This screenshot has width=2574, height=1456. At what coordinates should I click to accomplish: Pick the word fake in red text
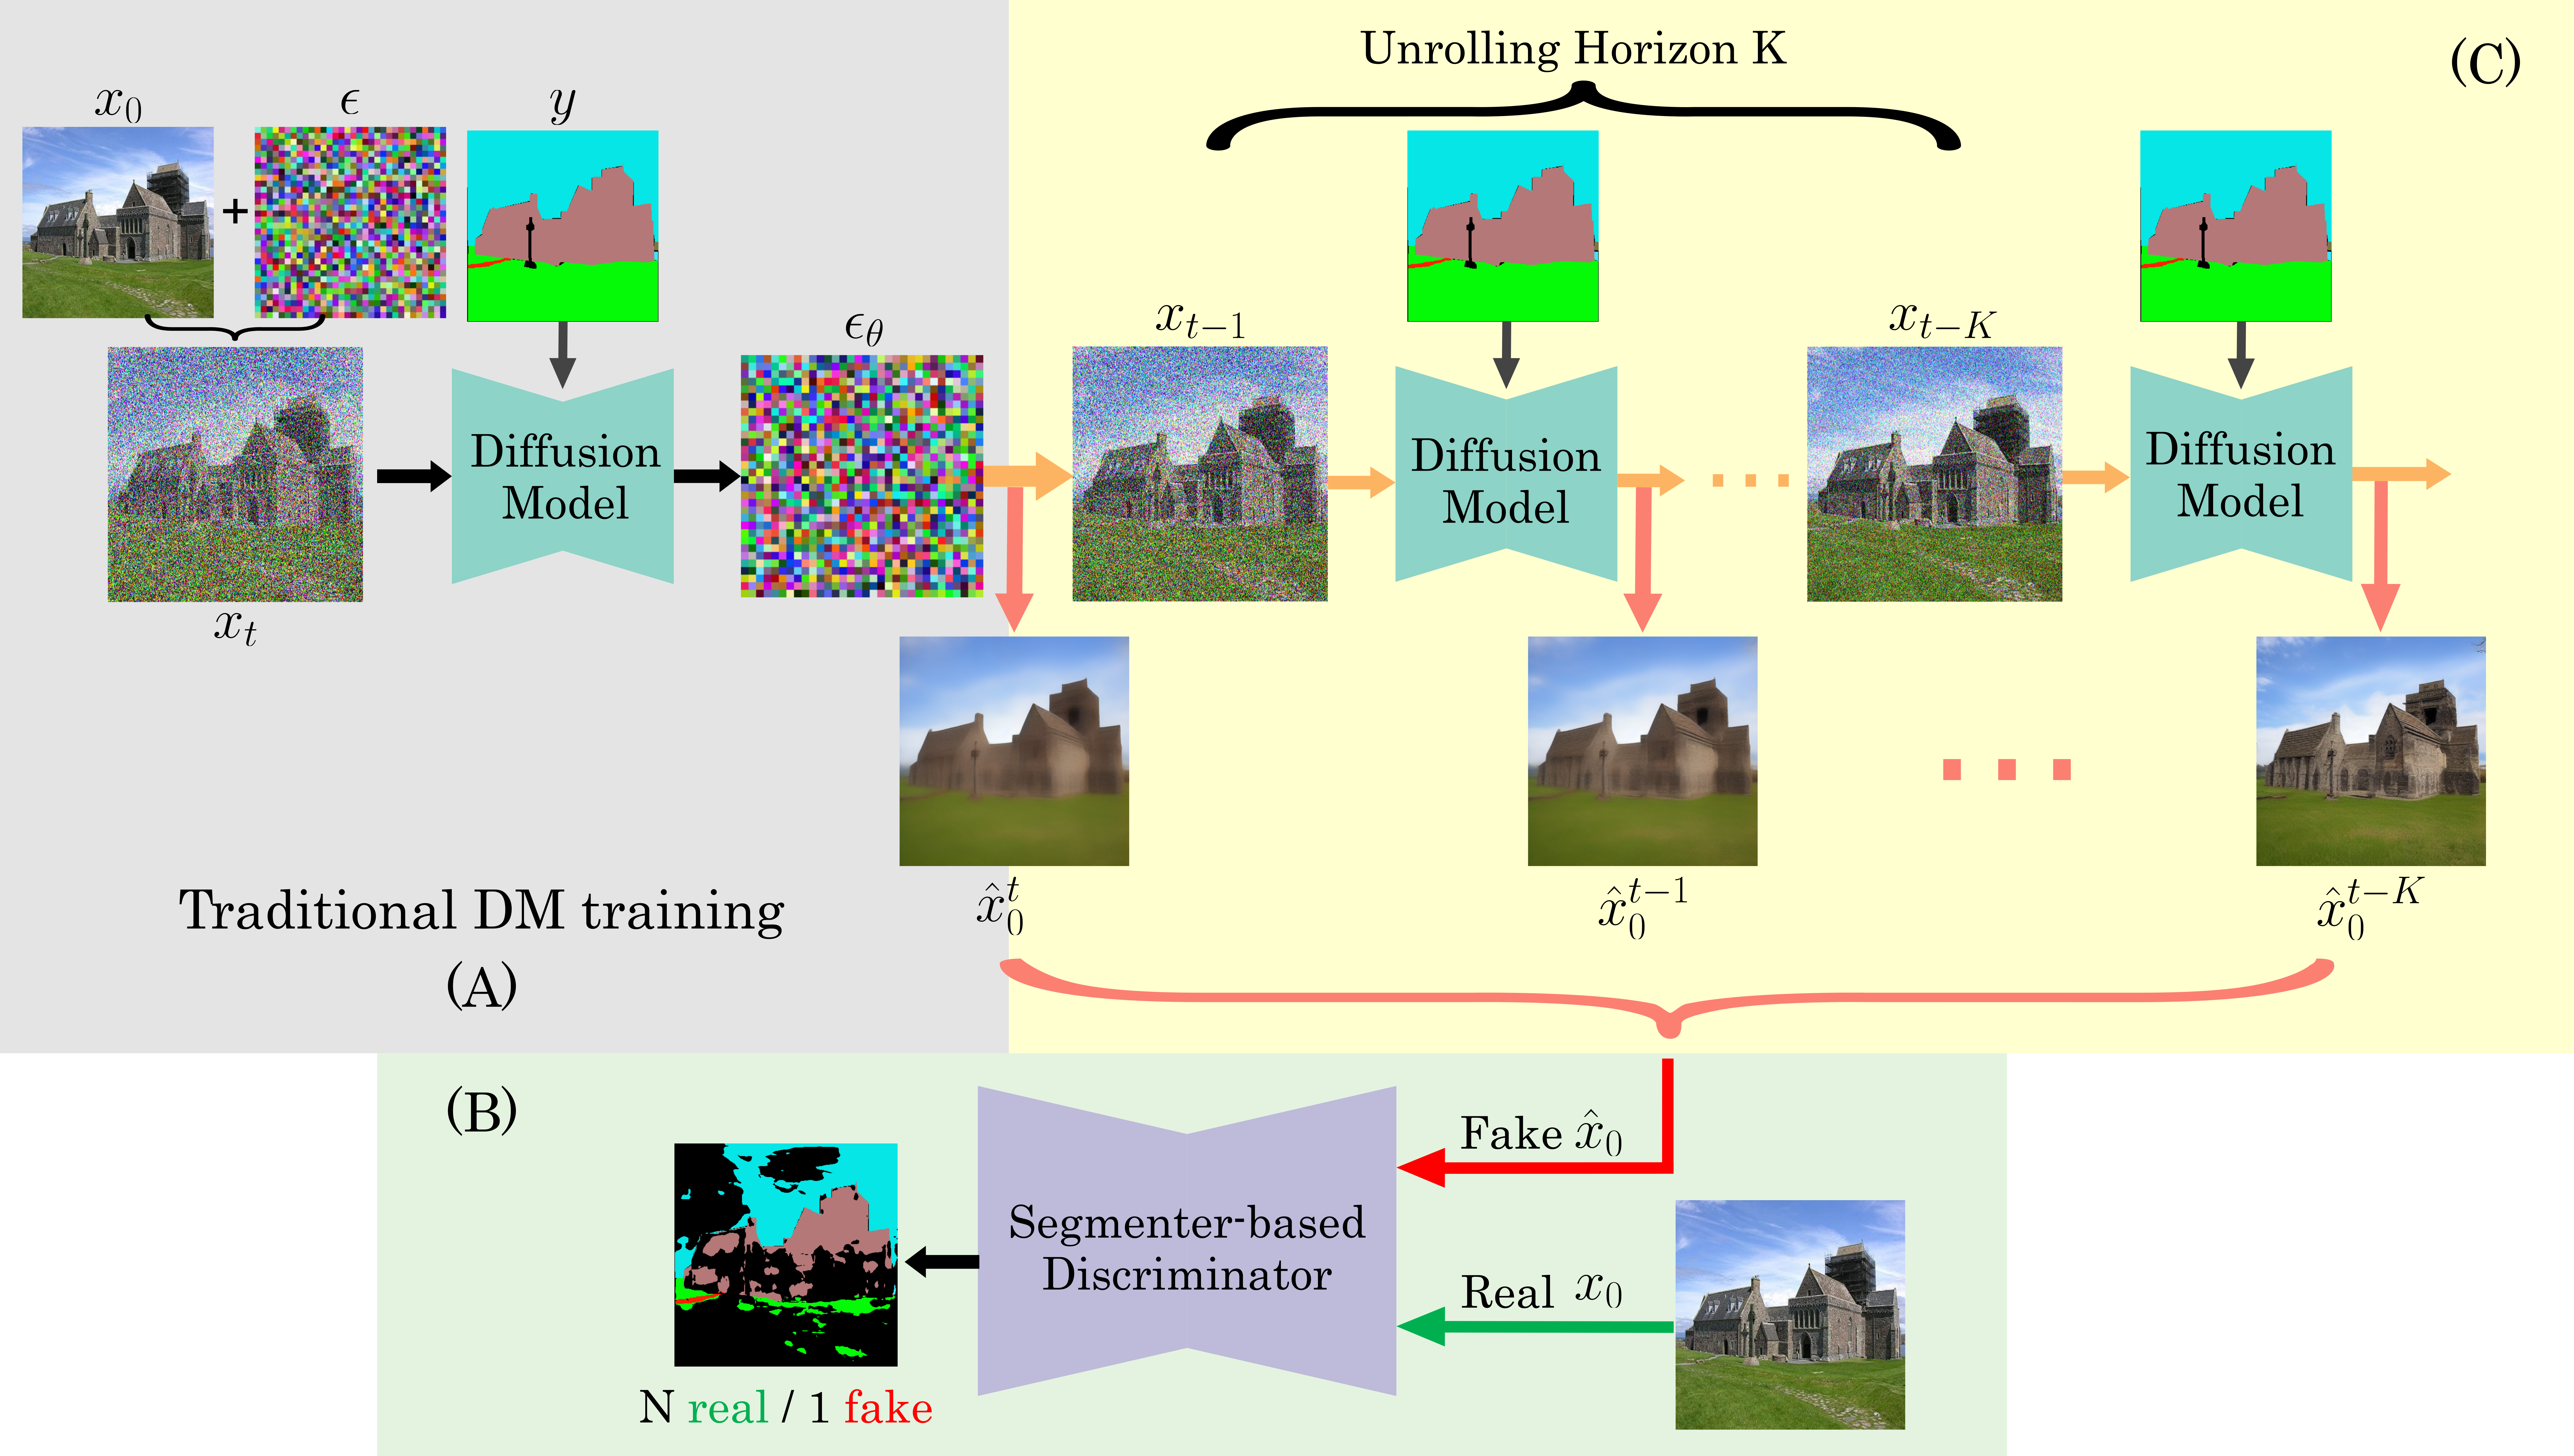(888, 1408)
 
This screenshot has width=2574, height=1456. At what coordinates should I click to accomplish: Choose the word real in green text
(727, 1408)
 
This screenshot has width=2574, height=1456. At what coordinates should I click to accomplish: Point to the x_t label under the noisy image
(235, 628)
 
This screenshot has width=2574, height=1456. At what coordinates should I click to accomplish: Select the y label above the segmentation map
(563, 104)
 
